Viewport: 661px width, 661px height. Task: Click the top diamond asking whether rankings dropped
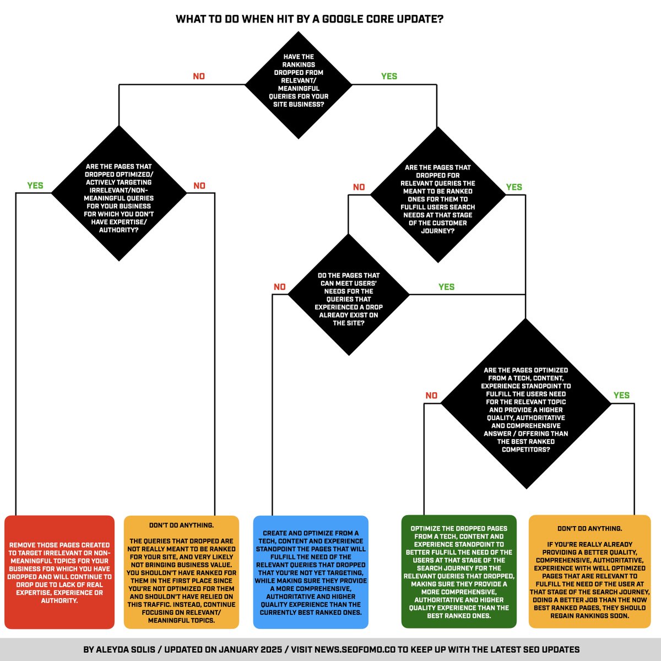(x=299, y=84)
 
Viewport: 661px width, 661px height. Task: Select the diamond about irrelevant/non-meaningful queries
(x=119, y=193)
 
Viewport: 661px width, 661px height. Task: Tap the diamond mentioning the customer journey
(x=437, y=195)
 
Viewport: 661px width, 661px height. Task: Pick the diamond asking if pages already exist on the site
(x=349, y=295)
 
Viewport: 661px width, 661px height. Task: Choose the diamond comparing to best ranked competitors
(x=526, y=404)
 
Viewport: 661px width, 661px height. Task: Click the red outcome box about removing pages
(x=59, y=572)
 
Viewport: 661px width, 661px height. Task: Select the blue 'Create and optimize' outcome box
(x=311, y=572)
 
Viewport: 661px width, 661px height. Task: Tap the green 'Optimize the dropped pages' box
(x=459, y=572)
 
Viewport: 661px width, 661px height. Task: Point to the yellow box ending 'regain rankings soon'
(x=589, y=572)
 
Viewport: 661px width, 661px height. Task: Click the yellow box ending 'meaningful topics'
(x=182, y=572)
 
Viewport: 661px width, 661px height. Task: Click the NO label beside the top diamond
(x=199, y=77)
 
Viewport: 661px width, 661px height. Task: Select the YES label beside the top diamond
(x=389, y=77)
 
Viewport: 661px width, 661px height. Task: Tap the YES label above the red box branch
(x=35, y=186)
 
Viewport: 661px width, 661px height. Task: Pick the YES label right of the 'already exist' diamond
(x=446, y=287)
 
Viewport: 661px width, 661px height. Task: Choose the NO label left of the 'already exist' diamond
(x=280, y=287)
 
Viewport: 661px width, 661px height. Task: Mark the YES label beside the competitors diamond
(x=621, y=395)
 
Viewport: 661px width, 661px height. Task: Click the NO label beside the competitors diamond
(x=431, y=395)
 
